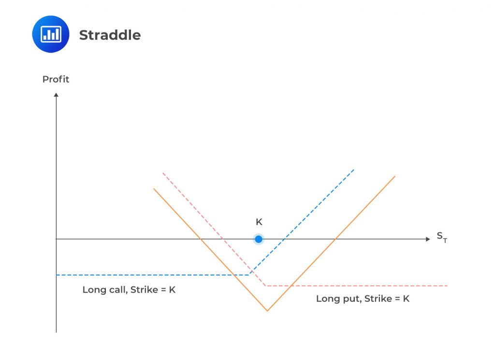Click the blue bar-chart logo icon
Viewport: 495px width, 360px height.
(51, 34)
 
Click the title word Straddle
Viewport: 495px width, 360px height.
(110, 35)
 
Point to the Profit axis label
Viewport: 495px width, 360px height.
(56, 79)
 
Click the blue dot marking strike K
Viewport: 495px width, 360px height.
(259, 239)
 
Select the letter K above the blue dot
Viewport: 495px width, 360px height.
(259, 222)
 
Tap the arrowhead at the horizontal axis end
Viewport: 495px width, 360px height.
(427, 239)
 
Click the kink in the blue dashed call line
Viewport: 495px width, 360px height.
(249, 275)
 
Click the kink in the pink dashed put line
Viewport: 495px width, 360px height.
(266, 285)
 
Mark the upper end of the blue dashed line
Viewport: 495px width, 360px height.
(354, 169)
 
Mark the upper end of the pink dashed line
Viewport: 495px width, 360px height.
(163, 172)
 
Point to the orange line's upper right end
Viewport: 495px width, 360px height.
(395, 176)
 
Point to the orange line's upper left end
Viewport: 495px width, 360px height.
(154, 188)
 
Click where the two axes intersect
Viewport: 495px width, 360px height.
(56, 239)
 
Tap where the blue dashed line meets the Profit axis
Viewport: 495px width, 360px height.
(56, 275)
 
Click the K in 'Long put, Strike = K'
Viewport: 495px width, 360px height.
(406, 299)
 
